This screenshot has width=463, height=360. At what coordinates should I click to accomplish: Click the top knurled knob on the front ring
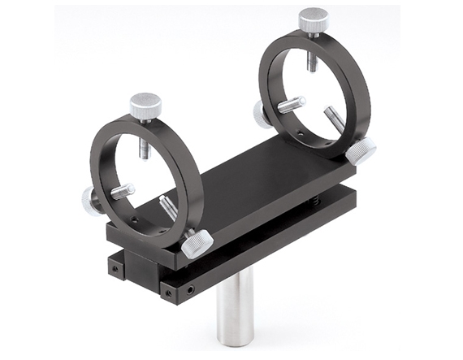tap(145, 106)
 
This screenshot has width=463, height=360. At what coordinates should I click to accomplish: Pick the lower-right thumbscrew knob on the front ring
tap(197, 243)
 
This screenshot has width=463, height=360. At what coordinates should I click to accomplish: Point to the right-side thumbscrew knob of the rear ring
tap(361, 150)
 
